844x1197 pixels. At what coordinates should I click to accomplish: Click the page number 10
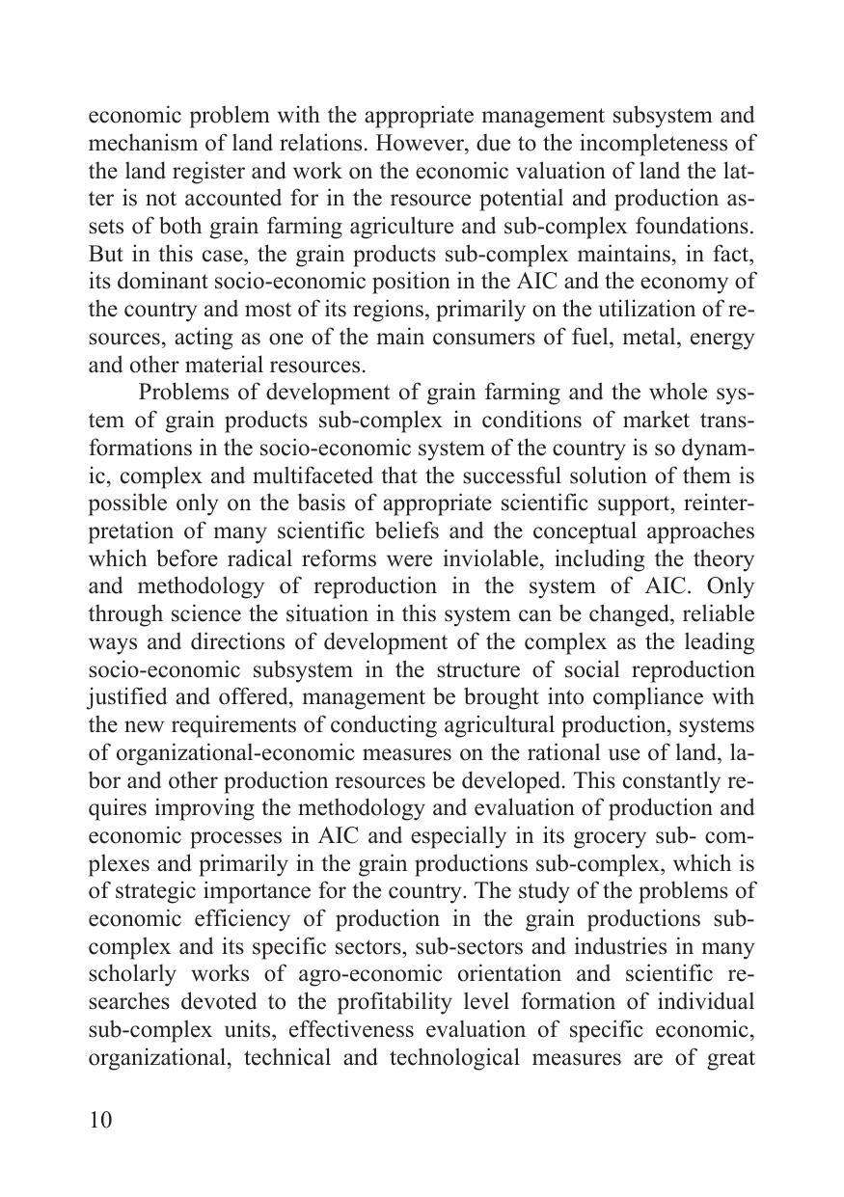point(100,1120)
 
